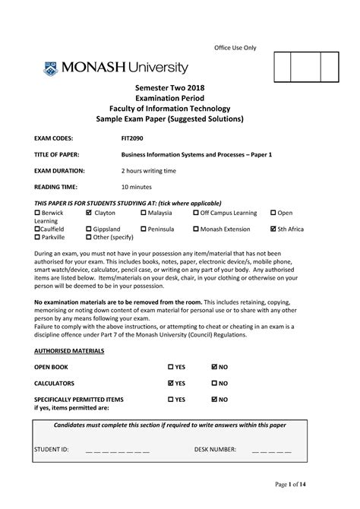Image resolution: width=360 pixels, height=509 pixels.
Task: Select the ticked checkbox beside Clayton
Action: click(x=89, y=213)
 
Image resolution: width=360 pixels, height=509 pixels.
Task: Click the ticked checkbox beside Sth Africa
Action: click(x=273, y=228)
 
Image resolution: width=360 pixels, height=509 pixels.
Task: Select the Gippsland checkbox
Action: click(x=89, y=228)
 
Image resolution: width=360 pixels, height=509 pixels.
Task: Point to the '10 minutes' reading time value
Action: click(x=137, y=187)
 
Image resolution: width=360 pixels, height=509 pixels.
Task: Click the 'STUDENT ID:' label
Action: click(x=52, y=450)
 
